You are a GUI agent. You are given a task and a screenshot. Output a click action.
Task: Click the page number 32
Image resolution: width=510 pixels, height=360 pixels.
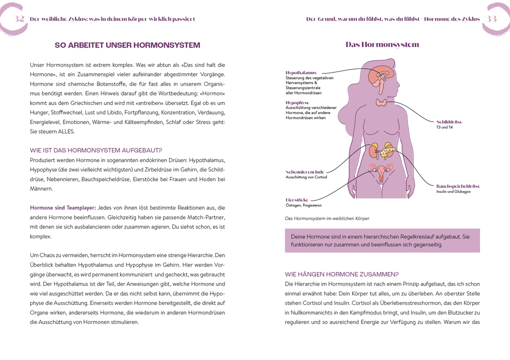pyautogui.click(x=19, y=19)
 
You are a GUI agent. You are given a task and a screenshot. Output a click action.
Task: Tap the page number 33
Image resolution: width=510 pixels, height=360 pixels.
pyautogui.click(x=491, y=19)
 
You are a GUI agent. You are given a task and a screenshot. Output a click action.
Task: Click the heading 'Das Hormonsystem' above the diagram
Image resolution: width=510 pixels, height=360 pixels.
pyautogui.click(x=382, y=45)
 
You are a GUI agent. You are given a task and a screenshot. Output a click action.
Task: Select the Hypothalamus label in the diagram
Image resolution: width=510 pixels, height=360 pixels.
pyautogui.click(x=301, y=73)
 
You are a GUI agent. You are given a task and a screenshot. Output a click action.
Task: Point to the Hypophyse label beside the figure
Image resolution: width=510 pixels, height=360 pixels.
pyautogui.click(x=297, y=102)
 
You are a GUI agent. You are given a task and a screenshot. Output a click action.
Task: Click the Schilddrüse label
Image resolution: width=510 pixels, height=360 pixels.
pyautogui.click(x=449, y=121)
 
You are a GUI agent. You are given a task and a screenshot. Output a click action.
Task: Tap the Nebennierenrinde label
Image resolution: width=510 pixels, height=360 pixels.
pyautogui.click(x=305, y=171)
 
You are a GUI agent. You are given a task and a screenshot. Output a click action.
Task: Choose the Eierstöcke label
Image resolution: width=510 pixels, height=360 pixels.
pyautogui.click(x=297, y=200)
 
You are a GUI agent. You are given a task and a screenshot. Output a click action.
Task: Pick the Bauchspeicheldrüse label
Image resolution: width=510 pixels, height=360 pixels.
pyautogui.click(x=458, y=186)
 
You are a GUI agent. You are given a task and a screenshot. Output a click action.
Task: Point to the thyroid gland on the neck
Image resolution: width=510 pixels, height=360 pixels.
pyautogui.click(x=381, y=102)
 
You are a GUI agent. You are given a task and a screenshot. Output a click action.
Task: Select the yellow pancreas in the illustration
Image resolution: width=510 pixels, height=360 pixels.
pyautogui.click(x=388, y=148)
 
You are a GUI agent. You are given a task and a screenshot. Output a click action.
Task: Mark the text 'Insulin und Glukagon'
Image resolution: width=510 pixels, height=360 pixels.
pyautogui.click(x=453, y=191)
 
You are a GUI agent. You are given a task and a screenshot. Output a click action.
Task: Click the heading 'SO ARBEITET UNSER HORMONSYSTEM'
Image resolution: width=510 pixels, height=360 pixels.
pyautogui.click(x=127, y=45)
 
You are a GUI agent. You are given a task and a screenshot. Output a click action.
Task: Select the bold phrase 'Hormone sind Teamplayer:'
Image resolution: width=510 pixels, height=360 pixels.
pyautogui.click(x=63, y=207)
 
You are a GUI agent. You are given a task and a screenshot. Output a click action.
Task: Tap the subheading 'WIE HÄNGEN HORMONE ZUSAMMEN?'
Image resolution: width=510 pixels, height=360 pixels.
pyautogui.click(x=341, y=274)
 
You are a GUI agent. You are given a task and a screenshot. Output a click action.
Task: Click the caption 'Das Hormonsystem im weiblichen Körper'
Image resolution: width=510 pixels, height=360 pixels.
pyautogui.click(x=327, y=218)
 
